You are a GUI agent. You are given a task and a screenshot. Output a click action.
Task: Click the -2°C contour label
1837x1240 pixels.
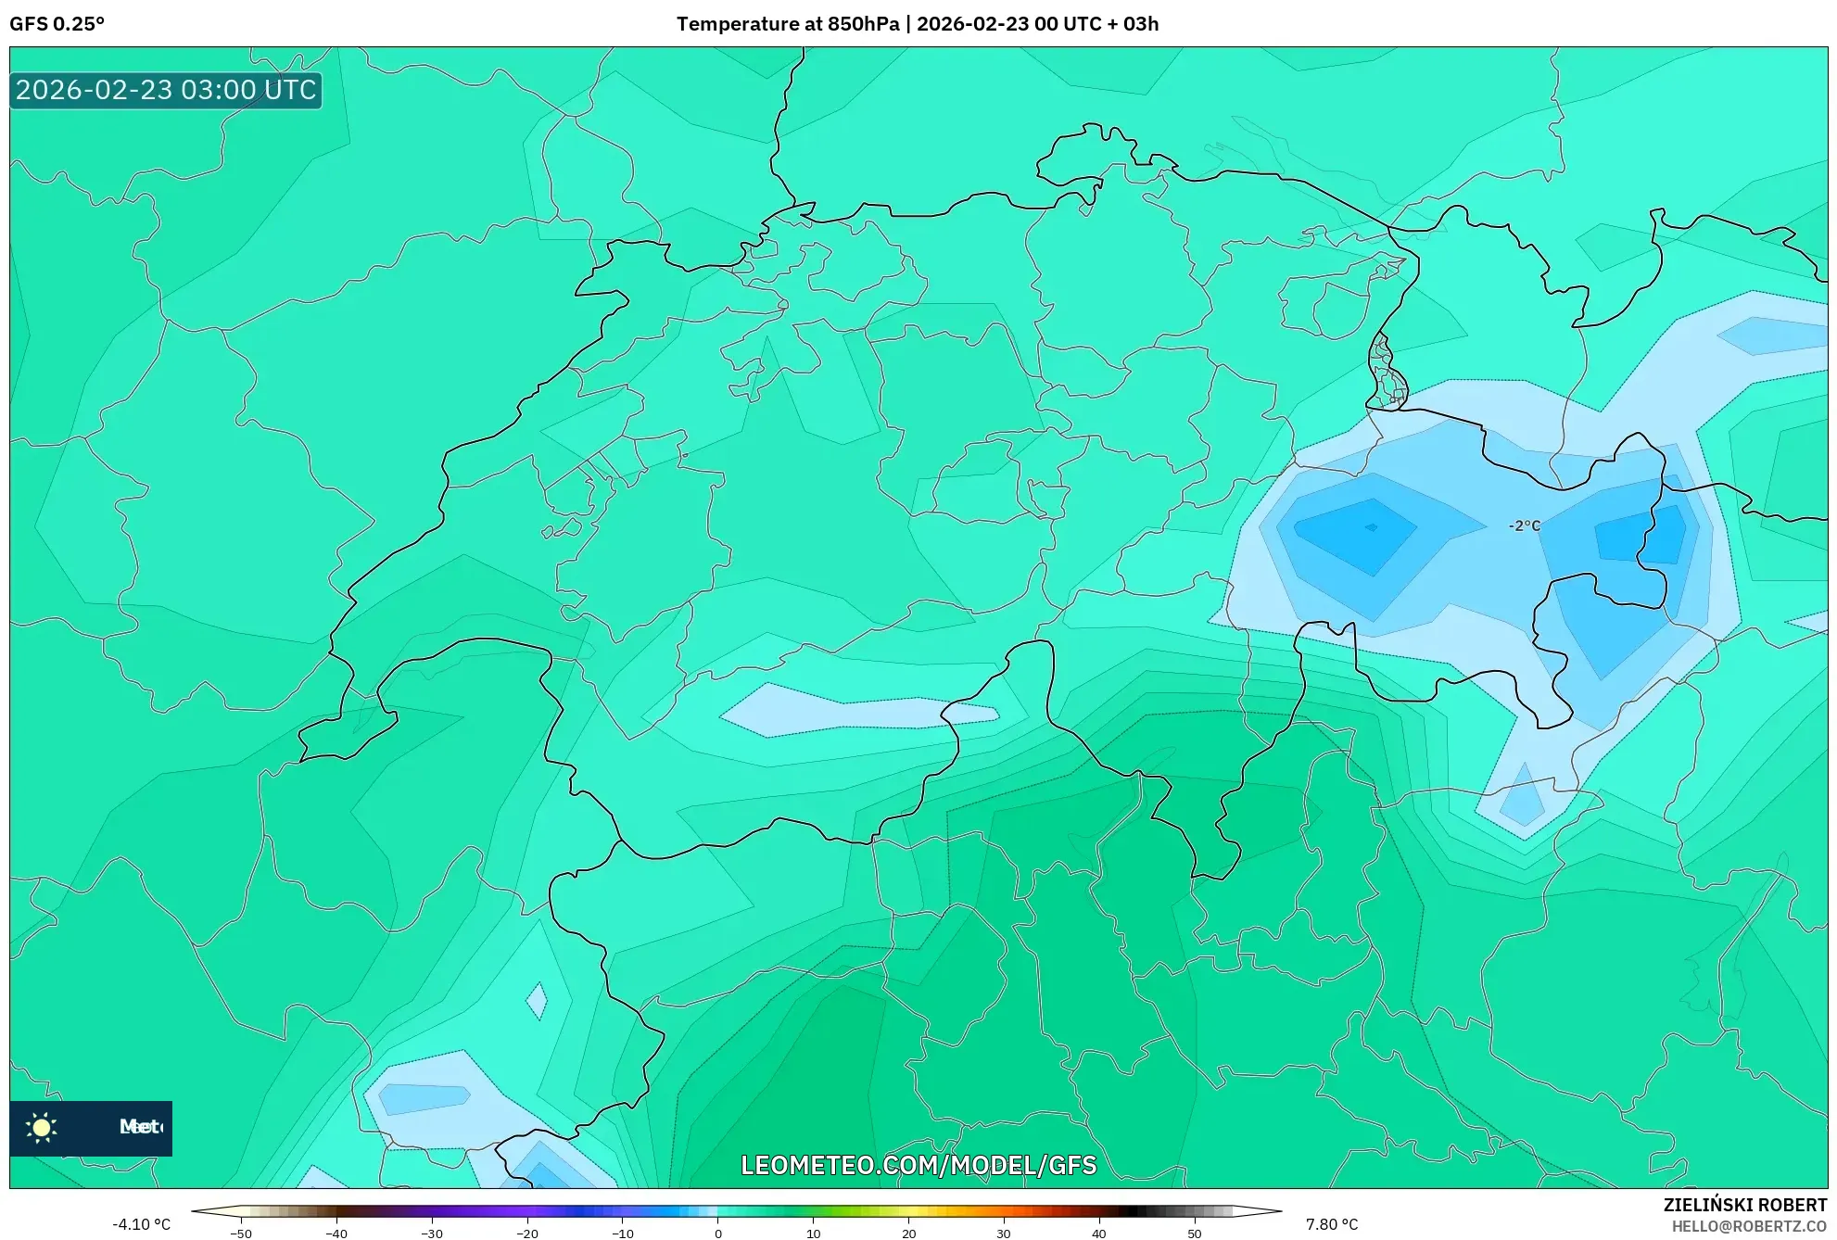(x=1524, y=525)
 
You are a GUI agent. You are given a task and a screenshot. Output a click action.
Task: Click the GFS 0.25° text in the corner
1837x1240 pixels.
(x=57, y=24)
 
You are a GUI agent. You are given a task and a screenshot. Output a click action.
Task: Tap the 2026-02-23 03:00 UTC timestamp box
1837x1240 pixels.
(x=166, y=90)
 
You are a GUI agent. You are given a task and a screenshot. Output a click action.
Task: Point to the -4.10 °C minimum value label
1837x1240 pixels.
(x=141, y=1224)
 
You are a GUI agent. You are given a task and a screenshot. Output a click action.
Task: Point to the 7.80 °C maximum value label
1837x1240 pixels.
(x=1331, y=1224)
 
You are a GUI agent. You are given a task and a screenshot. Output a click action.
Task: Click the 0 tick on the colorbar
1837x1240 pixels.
(x=717, y=1233)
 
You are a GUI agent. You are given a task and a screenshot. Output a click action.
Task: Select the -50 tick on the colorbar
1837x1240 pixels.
(x=241, y=1233)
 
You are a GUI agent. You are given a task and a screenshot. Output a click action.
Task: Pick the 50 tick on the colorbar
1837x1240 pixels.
(x=1194, y=1233)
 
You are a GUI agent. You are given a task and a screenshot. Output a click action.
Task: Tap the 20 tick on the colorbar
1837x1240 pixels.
(x=908, y=1233)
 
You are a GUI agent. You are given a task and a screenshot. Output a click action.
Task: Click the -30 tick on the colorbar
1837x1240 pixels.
(x=432, y=1233)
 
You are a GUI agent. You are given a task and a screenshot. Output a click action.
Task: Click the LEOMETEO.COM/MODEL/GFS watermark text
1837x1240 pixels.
(x=918, y=1165)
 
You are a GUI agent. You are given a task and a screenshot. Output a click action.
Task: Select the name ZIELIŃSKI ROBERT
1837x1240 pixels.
(x=1744, y=1205)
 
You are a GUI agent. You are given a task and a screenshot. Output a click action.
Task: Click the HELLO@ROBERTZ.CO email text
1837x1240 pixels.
(x=1748, y=1226)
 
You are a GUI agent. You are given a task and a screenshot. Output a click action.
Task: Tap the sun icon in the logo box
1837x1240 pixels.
(x=42, y=1127)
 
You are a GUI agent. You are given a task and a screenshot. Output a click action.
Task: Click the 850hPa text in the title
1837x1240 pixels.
(x=863, y=24)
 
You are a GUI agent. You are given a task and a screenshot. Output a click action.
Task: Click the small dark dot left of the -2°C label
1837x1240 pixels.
(x=1371, y=527)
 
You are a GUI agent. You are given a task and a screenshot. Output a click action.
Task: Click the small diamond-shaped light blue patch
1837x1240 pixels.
(x=536, y=1001)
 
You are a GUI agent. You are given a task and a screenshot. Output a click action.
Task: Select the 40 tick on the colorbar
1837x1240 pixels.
(x=1098, y=1233)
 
